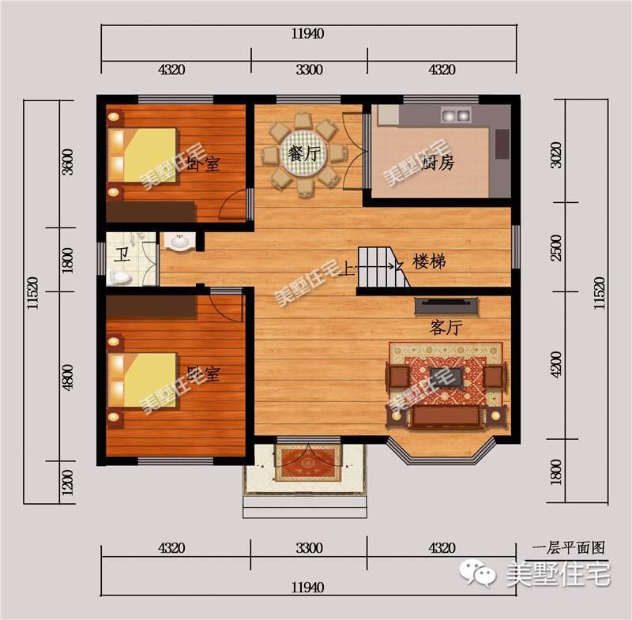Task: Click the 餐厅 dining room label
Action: [304, 153]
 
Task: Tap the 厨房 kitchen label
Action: [438, 163]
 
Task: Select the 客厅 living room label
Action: [446, 328]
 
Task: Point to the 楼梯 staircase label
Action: [429, 261]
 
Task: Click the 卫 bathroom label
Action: [122, 254]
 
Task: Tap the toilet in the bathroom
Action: [119, 277]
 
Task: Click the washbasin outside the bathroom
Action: [179, 242]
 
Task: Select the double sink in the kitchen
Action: [456, 115]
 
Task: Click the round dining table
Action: [304, 154]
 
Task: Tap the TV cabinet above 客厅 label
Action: [446, 306]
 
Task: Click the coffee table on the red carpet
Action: [446, 378]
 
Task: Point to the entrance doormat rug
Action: [308, 463]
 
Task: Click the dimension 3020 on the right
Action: [556, 155]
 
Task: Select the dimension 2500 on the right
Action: [556, 248]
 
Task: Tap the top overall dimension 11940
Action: [307, 33]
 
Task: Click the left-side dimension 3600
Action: [68, 162]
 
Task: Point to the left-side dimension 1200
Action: [68, 483]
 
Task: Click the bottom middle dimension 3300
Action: [309, 548]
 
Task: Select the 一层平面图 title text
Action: [569, 548]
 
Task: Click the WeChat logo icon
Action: [478, 573]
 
